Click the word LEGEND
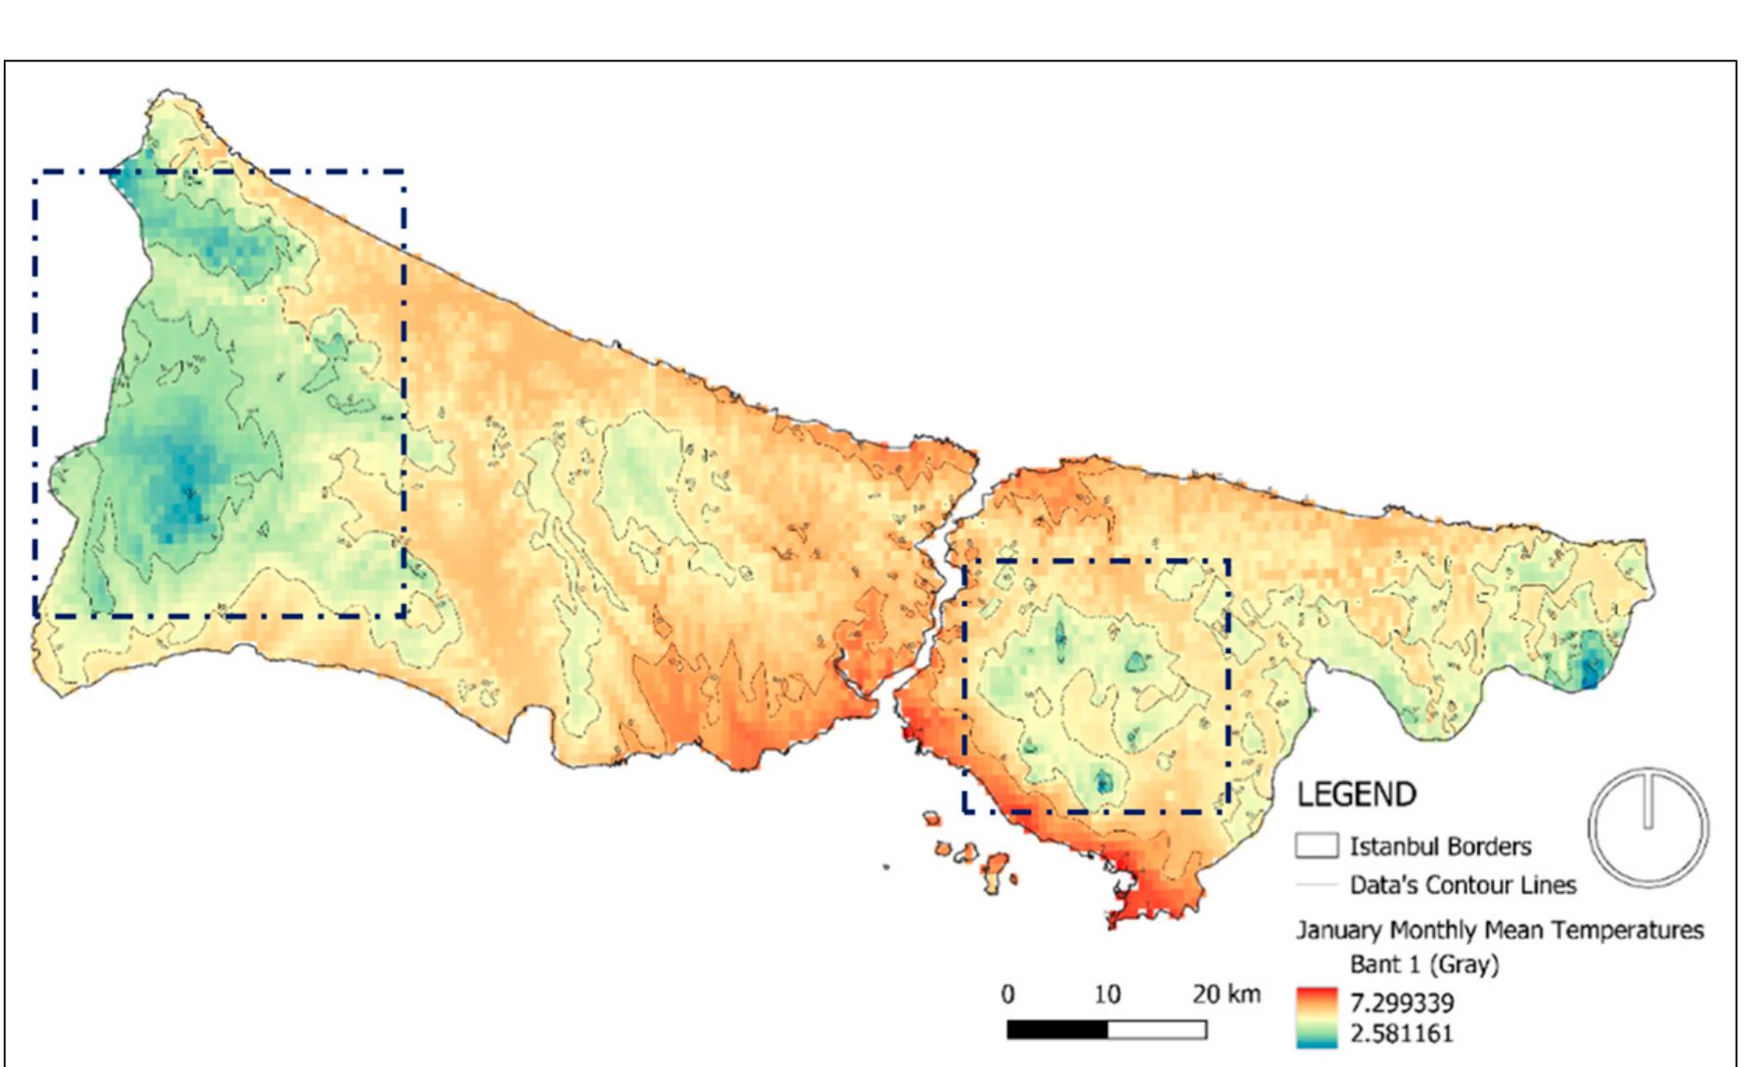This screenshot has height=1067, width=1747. (1356, 794)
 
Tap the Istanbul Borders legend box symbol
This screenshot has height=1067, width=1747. (1316, 845)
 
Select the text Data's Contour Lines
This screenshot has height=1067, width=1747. (1462, 885)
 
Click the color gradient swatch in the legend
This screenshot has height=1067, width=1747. (1316, 1018)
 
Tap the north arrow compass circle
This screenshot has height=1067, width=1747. (1647, 827)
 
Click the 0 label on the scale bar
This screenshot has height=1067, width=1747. (1008, 993)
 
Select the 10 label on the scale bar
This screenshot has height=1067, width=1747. (1106, 993)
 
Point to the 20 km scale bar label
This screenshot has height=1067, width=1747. (1226, 993)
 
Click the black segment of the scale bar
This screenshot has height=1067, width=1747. (1057, 1030)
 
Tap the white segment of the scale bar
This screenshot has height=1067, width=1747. (1157, 1030)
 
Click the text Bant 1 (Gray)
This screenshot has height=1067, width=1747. (1424, 964)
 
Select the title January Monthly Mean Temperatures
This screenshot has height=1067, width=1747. (1499, 929)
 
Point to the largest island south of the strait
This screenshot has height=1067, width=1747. (998, 868)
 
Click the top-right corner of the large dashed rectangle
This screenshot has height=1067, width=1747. (404, 172)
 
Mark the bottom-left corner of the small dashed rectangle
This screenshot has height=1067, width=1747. (966, 811)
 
